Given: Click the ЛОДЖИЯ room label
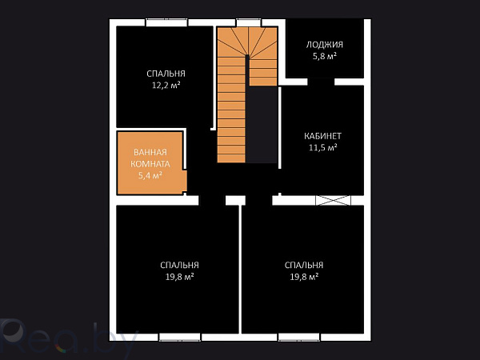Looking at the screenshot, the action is coord(325,45).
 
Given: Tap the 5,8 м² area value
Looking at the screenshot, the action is coord(325,56).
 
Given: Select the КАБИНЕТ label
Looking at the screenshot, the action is coord(322,136).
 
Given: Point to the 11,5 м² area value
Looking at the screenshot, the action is coord(322,147).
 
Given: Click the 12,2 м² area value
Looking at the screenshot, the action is coord(166,85).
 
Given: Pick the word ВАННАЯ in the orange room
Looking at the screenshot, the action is coord(150,152).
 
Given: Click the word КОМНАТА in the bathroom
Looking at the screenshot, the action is coord(150,164).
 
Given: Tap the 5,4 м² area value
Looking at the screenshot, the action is coord(150,175).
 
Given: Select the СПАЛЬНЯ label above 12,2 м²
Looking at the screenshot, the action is coord(166,74).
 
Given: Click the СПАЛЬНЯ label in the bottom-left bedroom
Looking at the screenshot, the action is coord(179,265).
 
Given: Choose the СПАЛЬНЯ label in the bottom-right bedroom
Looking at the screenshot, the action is coord(304,265).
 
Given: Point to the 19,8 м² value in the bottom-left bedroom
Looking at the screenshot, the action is coord(179,277).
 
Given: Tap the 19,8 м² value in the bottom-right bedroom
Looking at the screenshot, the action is coord(304,277).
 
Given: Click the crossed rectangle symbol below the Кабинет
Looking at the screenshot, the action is coord(333,200).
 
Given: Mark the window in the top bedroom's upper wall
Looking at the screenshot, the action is coord(166,22).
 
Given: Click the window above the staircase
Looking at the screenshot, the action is coord(249,22).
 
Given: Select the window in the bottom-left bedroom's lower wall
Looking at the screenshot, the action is coord(180,337).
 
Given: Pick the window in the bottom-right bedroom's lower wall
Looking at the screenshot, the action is coord(298,337).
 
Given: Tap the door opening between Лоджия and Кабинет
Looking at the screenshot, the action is coord(321,82).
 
